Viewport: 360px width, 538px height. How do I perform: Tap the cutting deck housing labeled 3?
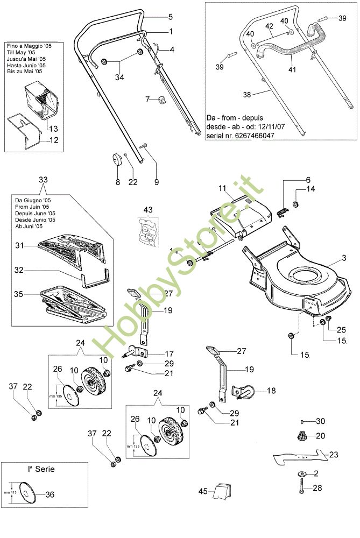pos(301,285)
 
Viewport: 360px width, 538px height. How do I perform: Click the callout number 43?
pos(149,209)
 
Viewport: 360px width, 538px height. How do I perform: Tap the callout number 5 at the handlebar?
pos(171,17)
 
